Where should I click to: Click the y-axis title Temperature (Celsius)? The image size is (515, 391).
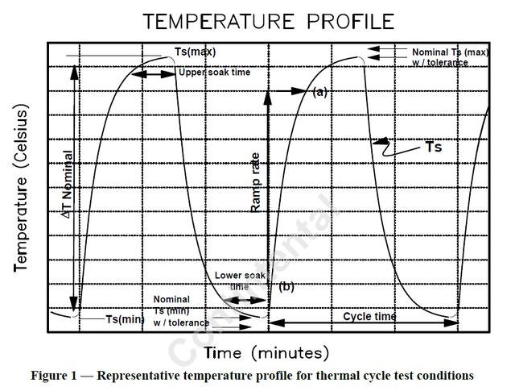coord(22,191)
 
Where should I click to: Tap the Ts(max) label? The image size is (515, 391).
coord(194,52)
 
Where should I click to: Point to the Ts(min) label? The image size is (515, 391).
coord(125,319)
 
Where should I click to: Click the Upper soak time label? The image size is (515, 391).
coord(215,73)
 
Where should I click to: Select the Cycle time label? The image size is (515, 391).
coord(369,317)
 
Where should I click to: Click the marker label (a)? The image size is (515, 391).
coord(320,92)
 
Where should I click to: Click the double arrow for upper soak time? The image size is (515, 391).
coord(153,74)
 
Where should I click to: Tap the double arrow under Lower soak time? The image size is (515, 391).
coord(245,301)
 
